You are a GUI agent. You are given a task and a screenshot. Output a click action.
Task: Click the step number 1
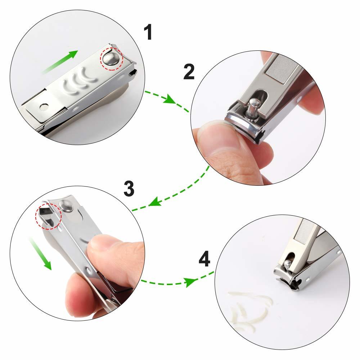(148, 32)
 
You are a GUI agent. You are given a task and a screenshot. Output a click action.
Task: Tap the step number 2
(189, 72)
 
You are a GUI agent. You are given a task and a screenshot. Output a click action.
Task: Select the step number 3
(129, 188)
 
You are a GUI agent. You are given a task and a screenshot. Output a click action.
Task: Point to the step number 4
(204, 259)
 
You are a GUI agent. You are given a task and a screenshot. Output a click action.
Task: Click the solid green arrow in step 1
(60, 62)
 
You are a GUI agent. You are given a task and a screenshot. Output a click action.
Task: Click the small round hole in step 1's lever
(44, 107)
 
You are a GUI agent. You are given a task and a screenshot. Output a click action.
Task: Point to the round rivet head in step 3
(66, 205)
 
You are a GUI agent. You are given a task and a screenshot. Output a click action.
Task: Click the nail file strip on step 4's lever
(305, 232)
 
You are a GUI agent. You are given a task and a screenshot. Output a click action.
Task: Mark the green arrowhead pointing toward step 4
(190, 282)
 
